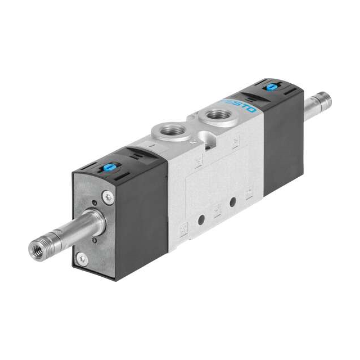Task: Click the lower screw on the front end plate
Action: coord(82,258)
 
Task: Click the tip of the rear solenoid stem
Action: coord(325,101)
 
